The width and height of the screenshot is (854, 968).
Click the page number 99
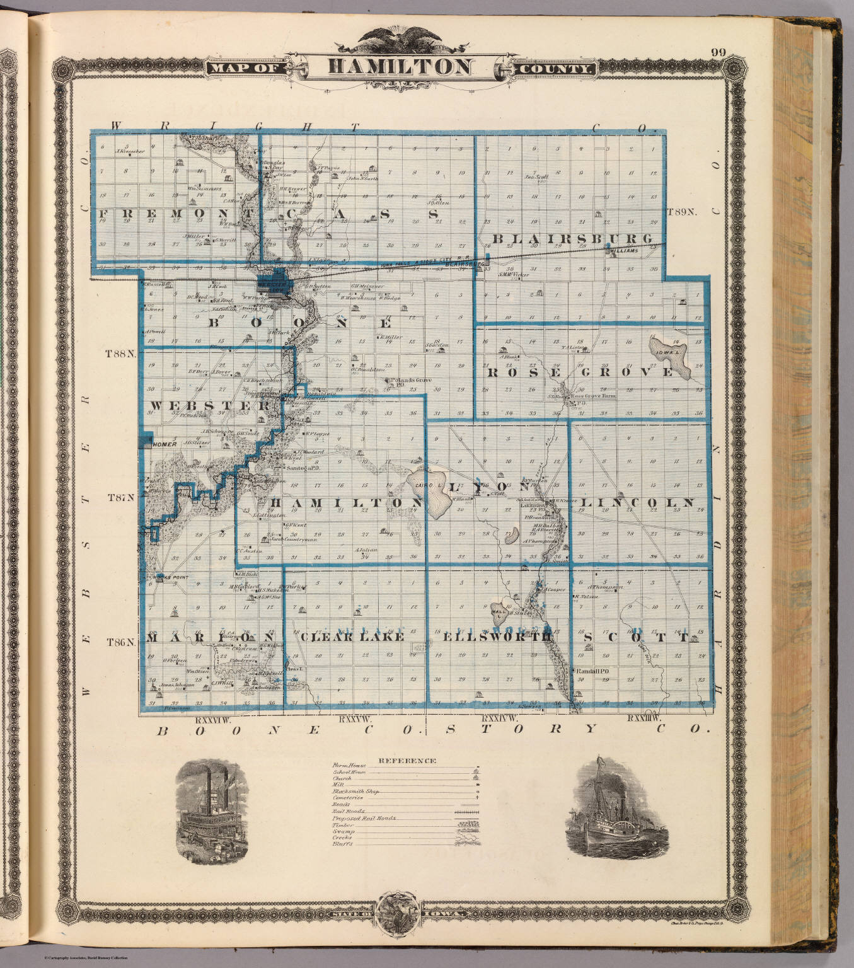click(717, 52)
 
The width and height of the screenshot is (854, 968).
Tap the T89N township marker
click(683, 213)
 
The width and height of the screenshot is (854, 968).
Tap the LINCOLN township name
click(637, 503)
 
